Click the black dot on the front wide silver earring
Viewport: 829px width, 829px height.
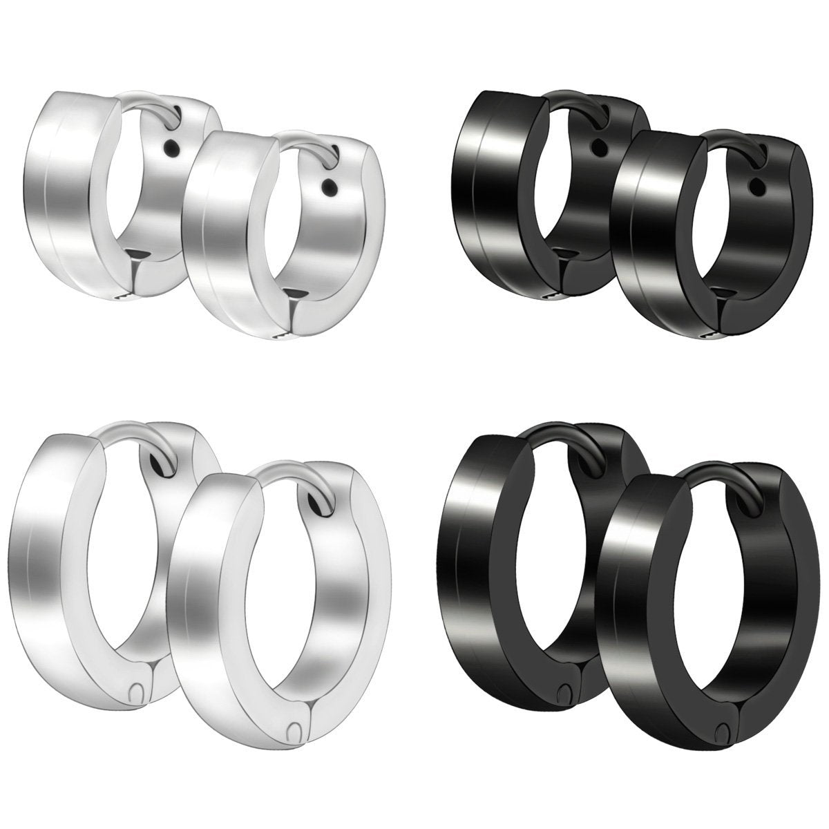[332, 187]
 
